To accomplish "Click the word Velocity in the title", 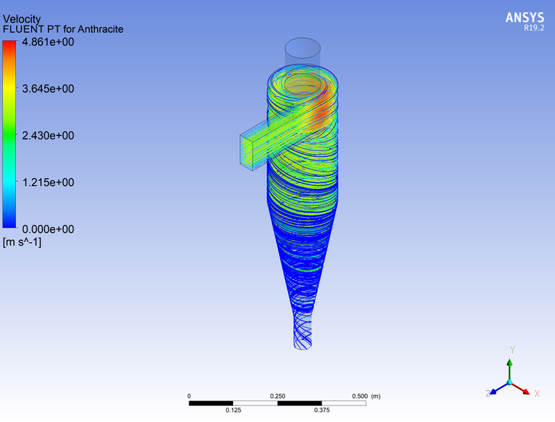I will pyautogui.click(x=22, y=19).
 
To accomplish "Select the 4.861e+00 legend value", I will pyautogui.click(x=49, y=42).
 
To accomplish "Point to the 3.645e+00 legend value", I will pyautogui.click(x=49, y=89).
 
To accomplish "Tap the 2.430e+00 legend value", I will pyautogui.click(x=49, y=135).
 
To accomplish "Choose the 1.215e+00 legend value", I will pyautogui.click(x=49, y=182).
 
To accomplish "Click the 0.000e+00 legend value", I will pyautogui.click(x=49, y=228).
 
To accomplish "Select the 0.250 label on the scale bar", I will pyautogui.click(x=277, y=396).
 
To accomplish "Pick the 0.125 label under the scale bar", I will pyautogui.click(x=233, y=410).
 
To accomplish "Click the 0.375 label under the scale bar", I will pyautogui.click(x=321, y=410).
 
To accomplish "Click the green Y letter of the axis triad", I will pyautogui.click(x=511, y=350).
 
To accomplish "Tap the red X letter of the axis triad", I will pyautogui.click(x=537, y=394).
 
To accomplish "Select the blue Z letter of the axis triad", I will pyautogui.click(x=488, y=394).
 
